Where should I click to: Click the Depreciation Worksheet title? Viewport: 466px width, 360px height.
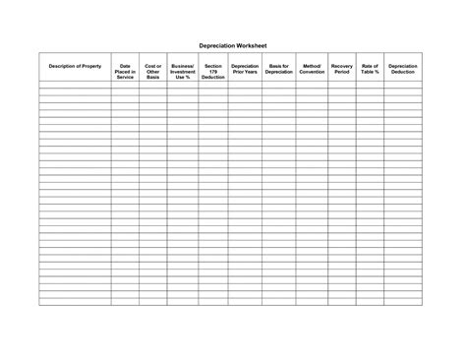pos(232,45)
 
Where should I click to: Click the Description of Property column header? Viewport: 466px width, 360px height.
pos(75,66)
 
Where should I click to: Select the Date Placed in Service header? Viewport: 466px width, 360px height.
pos(125,71)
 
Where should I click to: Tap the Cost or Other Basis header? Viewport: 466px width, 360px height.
pos(153,71)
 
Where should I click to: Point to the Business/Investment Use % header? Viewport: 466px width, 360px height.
pos(183,71)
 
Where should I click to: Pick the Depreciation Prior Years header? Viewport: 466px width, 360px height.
pos(245,69)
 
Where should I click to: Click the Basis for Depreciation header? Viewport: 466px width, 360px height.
pos(278,69)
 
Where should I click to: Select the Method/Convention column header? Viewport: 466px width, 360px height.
pos(312,69)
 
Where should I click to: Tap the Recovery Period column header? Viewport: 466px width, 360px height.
pos(341,69)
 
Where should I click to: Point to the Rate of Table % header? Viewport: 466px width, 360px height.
pos(370,69)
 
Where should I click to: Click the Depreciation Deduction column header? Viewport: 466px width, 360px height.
pos(403,69)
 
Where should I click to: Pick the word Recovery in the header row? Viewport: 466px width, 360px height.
pos(341,66)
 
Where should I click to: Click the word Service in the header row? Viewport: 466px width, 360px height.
pos(125,77)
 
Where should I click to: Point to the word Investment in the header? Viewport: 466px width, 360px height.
pos(183,71)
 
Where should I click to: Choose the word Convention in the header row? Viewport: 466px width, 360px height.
pos(312,72)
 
